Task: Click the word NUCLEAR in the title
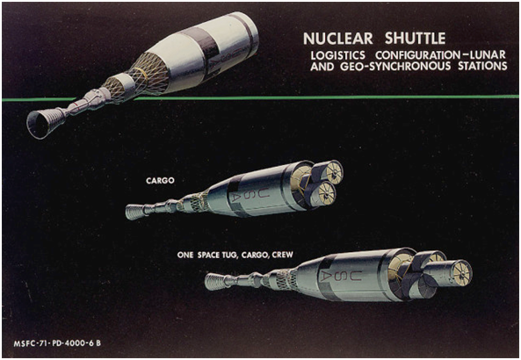(338, 39)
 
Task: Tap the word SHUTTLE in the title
(415, 39)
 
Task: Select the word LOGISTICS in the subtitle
(338, 55)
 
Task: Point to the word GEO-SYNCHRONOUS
(395, 66)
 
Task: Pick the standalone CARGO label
(160, 181)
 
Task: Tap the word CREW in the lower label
(282, 255)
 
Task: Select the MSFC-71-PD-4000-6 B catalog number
(57, 343)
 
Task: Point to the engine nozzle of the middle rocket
(135, 212)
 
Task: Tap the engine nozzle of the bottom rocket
(214, 282)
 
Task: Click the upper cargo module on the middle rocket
(328, 171)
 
